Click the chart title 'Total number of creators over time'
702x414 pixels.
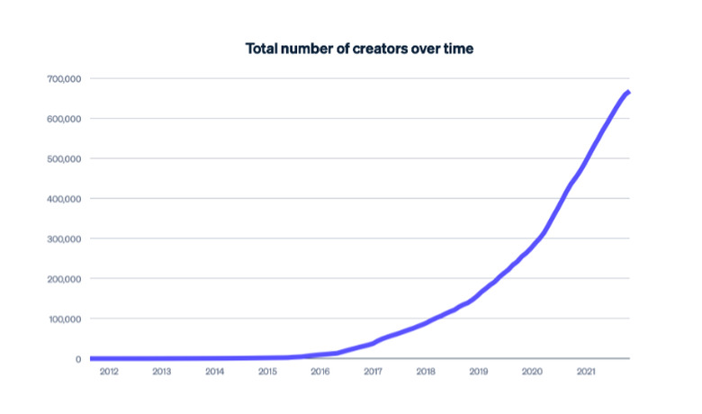pos(359,49)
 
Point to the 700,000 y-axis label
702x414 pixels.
pos(64,79)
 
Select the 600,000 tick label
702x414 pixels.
pos(64,119)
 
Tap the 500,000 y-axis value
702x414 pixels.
pos(64,159)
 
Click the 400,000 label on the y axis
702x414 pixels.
pos(64,199)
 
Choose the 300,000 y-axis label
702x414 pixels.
pos(64,238)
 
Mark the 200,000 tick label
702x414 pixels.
pos(64,279)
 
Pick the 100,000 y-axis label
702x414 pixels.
pos(64,319)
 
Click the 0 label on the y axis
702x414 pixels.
pos(79,359)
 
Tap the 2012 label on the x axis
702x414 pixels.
pos(109,371)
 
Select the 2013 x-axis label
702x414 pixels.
pos(162,371)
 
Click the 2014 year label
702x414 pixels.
pos(215,371)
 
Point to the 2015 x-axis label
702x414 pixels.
pos(267,371)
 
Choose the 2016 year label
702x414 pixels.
pos(320,371)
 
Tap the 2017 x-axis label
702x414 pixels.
pos(373,371)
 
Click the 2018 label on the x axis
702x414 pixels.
pos(427,371)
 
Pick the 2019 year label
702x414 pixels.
pos(479,371)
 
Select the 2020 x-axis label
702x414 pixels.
pos(532,371)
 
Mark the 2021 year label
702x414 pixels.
pos(585,371)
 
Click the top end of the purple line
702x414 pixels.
pos(627,92)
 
